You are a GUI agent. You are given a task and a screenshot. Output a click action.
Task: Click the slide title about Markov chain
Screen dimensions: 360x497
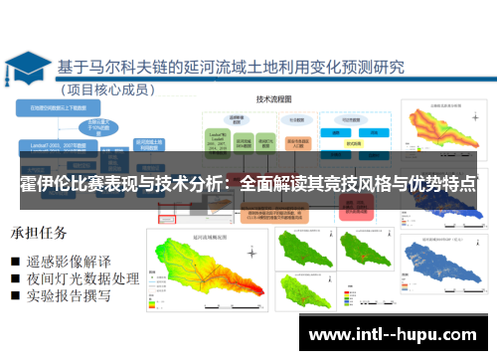231,69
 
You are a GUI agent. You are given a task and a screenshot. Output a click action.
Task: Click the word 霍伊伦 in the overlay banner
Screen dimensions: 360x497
45,185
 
